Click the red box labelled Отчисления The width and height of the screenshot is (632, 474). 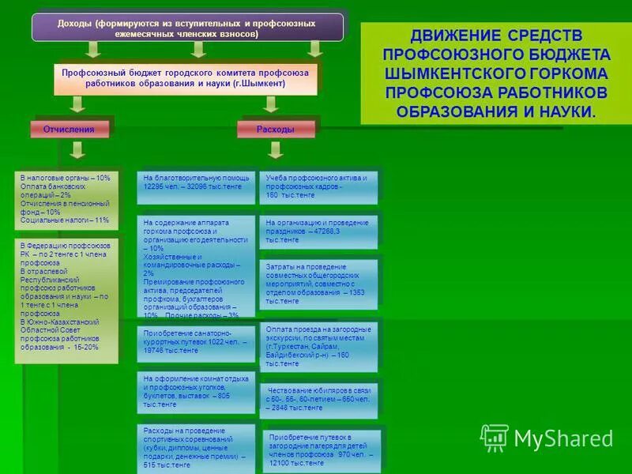[x=69, y=129]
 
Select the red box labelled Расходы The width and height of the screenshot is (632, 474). [x=276, y=129]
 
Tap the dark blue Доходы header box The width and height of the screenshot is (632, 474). [x=187, y=28]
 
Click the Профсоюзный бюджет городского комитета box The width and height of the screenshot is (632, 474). [x=190, y=77]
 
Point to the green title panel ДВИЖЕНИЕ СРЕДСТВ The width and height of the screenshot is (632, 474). [x=496, y=73]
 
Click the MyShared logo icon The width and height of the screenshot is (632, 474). [x=495, y=437]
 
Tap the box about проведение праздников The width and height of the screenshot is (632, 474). [x=318, y=231]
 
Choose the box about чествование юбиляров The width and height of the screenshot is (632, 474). [x=318, y=400]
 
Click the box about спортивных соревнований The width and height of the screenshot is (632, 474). [x=196, y=447]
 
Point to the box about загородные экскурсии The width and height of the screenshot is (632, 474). [x=318, y=346]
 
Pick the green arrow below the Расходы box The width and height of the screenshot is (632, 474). [x=276, y=152]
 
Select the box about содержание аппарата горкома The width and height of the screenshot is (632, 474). [x=196, y=268]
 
